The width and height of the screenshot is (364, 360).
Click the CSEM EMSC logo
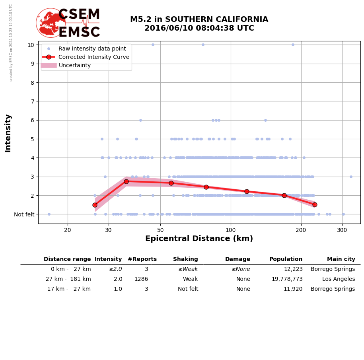[68, 23]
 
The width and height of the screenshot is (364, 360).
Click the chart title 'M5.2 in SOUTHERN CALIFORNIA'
[199, 19]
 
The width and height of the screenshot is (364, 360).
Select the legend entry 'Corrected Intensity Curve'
[94, 57]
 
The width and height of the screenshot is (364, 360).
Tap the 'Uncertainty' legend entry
[75, 65]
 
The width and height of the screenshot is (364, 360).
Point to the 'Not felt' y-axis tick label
[24, 214]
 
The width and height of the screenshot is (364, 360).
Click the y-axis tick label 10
[31, 45]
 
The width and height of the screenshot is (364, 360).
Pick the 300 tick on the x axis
[342, 230]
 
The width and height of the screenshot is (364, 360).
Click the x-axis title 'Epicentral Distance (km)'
[199, 239]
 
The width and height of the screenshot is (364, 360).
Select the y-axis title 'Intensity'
[8, 133]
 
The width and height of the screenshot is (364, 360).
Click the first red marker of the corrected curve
[95, 205]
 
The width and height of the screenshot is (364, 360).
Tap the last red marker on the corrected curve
[315, 204]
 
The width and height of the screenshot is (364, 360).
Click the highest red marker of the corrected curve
[126, 181]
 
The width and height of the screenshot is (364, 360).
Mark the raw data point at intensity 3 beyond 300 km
[351, 177]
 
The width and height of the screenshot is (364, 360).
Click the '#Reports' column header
[142, 259]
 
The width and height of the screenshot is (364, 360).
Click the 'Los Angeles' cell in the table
[339, 279]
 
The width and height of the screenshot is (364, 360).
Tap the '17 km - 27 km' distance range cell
[69, 289]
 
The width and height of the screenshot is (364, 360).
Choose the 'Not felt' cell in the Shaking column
[188, 289]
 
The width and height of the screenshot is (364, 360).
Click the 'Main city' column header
[341, 259]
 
